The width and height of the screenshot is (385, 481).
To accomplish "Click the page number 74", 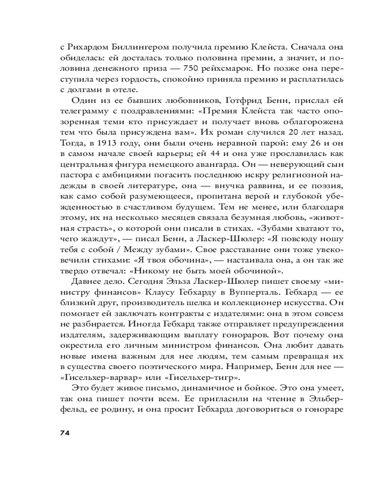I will [65, 432].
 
